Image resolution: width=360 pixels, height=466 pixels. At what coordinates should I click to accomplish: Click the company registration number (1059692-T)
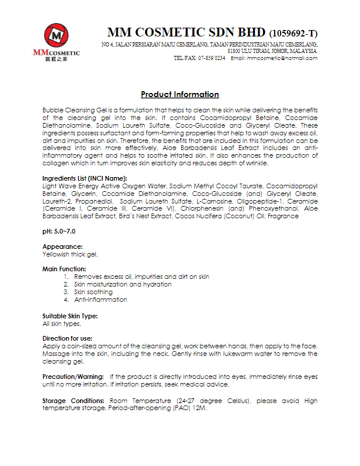(293, 33)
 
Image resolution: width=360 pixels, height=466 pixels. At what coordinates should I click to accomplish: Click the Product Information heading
(180, 95)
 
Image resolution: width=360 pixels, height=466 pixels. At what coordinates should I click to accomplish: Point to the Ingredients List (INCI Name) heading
(85, 178)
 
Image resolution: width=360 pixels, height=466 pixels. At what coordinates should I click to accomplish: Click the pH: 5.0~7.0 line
(59, 232)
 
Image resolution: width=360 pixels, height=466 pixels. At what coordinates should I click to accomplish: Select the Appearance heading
(62, 247)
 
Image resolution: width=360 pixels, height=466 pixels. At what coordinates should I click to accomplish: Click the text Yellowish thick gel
(70, 254)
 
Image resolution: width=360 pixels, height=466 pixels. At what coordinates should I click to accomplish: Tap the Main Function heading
(64, 269)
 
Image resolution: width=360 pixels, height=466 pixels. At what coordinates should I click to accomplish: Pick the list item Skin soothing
(93, 292)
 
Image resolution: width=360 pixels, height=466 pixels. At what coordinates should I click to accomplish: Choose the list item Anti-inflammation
(101, 299)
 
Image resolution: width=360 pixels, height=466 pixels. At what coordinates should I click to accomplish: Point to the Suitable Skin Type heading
(70, 316)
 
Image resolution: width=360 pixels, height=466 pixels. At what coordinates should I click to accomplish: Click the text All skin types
(62, 324)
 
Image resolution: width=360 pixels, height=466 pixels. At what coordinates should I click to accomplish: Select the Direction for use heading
(68, 338)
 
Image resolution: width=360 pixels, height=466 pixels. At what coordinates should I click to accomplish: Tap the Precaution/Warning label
(74, 376)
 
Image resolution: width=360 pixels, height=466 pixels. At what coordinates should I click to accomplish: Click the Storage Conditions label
(72, 401)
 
